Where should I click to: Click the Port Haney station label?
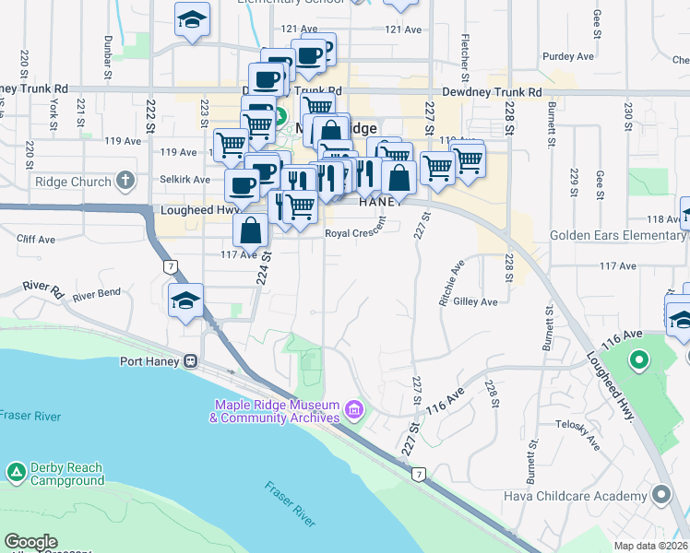[x=150, y=361]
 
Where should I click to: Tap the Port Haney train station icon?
[x=191, y=361]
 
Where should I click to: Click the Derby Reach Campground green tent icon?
[x=16, y=473]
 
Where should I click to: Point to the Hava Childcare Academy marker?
[x=660, y=496]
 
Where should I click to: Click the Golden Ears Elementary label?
[x=619, y=235]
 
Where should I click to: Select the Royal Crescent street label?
[x=355, y=233]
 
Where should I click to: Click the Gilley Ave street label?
[x=476, y=301]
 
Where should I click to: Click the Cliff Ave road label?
[x=35, y=238]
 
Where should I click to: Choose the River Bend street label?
[x=97, y=296]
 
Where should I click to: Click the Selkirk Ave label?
[x=185, y=179]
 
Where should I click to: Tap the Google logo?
[x=30, y=542]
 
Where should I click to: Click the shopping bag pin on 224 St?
[x=251, y=232]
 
